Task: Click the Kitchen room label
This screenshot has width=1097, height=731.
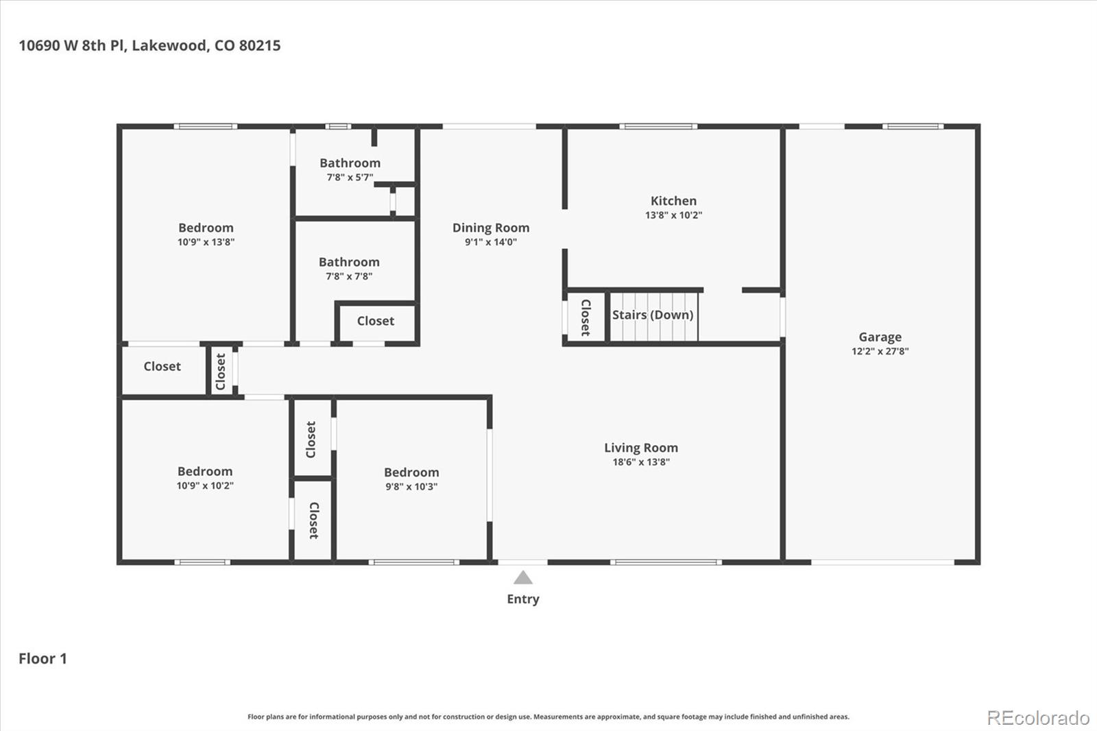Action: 673,201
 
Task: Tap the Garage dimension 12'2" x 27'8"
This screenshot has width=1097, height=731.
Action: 880,351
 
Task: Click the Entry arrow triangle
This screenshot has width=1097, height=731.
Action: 523,577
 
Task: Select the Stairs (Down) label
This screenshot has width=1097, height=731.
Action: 652,315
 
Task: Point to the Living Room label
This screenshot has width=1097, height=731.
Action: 640,448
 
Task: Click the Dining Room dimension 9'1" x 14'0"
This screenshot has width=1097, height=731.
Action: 490,242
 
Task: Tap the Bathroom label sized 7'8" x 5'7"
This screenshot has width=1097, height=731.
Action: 350,163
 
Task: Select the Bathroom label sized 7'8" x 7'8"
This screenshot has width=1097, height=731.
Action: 349,262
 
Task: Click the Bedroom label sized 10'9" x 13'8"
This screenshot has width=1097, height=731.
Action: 206,228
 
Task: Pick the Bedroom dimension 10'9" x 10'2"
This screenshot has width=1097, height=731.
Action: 205,486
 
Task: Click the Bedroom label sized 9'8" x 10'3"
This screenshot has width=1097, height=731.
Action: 411,472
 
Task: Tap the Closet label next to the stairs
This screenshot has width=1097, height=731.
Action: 586,317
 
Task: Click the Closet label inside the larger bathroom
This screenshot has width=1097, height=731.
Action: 375,321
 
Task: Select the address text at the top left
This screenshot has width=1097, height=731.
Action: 149,45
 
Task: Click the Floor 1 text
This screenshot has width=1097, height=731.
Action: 43,658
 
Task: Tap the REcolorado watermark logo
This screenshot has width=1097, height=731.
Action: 1037,718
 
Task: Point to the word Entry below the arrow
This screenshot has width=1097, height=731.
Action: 523,599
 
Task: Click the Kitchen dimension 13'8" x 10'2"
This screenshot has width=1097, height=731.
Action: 673,215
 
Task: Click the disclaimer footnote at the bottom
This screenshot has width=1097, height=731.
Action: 548,717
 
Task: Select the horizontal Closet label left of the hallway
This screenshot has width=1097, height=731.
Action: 162,366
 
